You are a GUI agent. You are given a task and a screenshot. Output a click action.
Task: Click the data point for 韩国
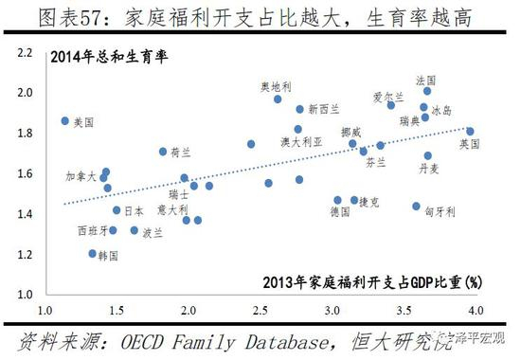(x=93, y=254)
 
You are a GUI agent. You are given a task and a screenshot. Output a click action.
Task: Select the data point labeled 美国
(x=65, y=121)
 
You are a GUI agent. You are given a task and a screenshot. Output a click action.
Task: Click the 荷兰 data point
(x=163, y=152)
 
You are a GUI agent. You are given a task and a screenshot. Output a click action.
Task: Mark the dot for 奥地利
(x=278, y=99)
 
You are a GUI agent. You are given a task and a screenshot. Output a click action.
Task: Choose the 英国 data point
(x=470, y=131)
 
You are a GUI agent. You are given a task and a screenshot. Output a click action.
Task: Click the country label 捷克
(x=368, y=202)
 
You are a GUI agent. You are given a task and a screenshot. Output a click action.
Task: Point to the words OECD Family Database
(x=223, y=339)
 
